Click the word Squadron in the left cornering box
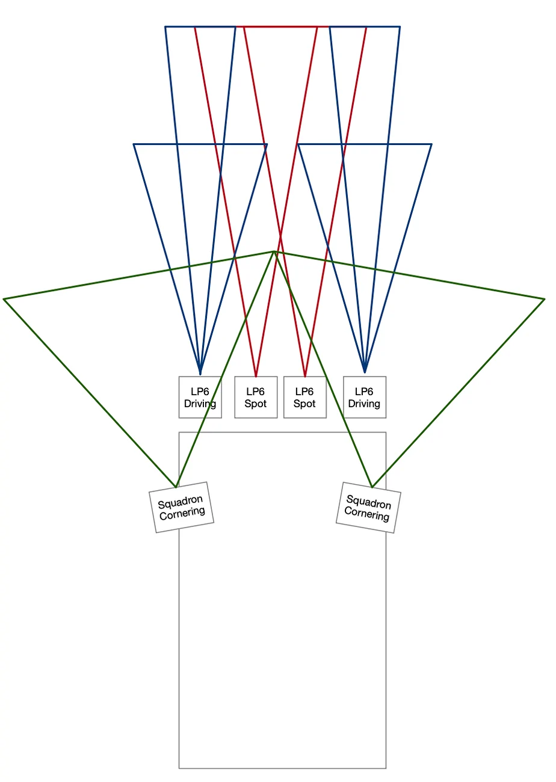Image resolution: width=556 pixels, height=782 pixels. point(180,502)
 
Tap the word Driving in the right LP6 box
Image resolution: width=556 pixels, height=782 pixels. point(364,404)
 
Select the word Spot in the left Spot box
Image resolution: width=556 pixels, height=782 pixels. point(256,404)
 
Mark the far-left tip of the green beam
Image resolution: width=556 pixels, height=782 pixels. point(4,299)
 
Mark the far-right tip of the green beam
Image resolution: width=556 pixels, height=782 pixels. point(545,299)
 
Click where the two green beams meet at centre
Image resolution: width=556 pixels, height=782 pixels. point(274,251)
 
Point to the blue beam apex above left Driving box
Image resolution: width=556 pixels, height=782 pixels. point(200,374)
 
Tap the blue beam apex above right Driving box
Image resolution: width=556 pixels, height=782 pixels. point(365,372)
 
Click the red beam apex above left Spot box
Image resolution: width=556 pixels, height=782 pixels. point(256,377)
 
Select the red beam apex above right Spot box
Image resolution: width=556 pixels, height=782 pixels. point(305,377)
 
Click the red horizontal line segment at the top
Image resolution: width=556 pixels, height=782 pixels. point(282,26)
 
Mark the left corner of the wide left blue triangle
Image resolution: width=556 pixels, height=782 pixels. point(134,144)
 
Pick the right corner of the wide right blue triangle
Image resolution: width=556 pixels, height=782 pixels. point(431,144)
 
